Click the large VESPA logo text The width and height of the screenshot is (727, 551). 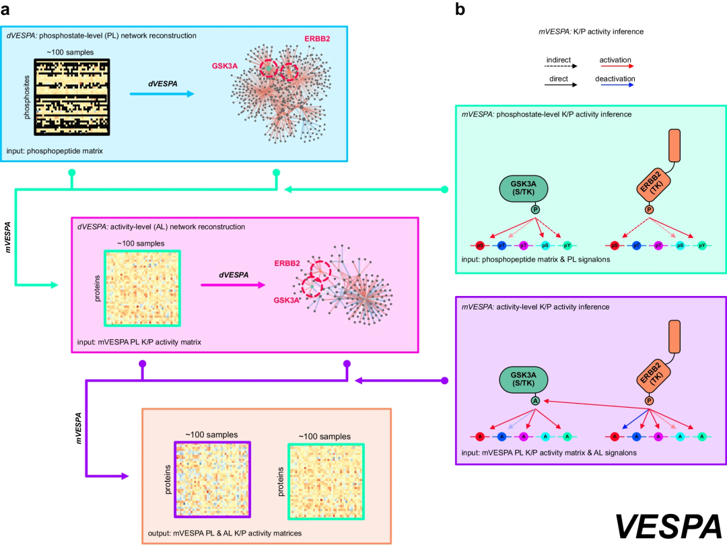[x=668, y=525]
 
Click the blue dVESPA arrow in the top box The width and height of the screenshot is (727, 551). [x=162, y=94]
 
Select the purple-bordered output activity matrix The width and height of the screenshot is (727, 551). [x=213, y=479]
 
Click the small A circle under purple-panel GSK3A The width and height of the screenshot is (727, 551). [x=535, y=400]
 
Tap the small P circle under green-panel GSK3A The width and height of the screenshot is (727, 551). [x=535, y=210]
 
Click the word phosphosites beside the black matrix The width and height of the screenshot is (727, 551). [x=27, y=98]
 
